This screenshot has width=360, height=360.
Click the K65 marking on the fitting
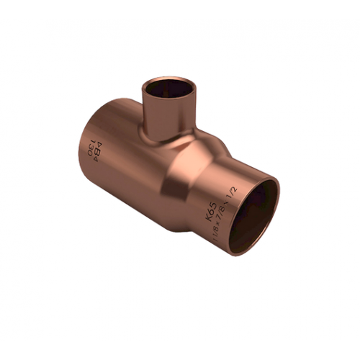211,193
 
